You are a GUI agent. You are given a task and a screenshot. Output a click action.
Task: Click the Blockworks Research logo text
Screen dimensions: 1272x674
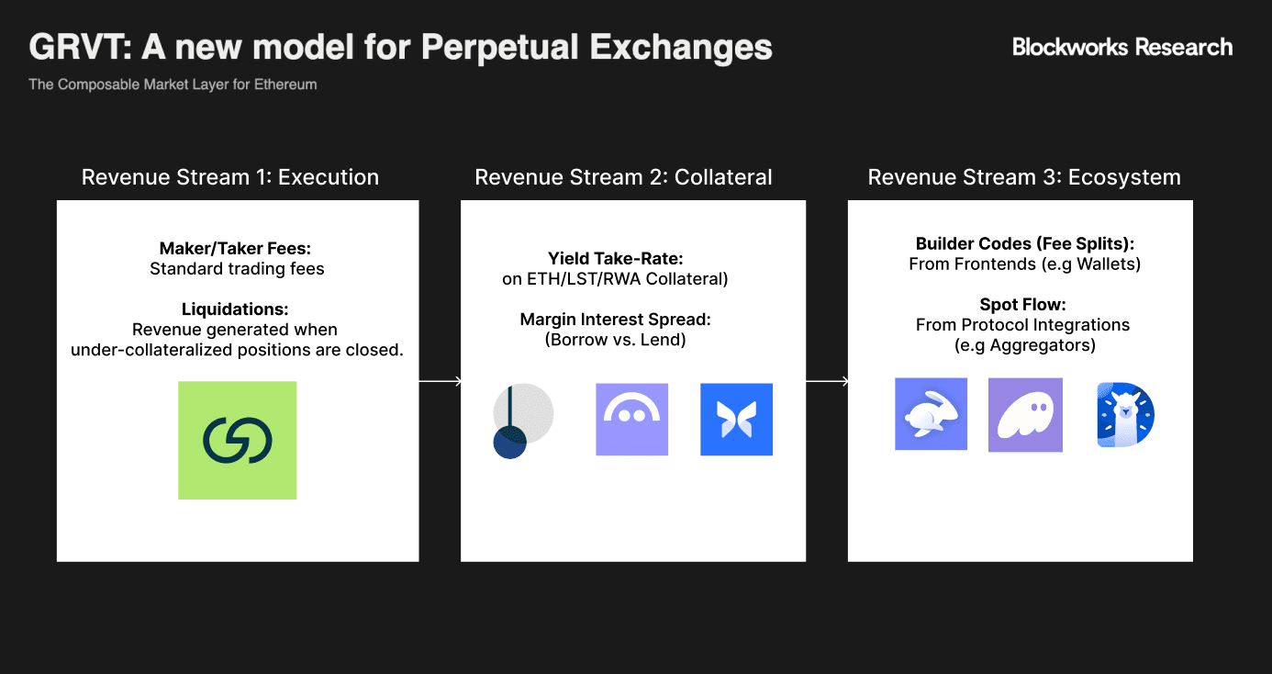(1122, 47)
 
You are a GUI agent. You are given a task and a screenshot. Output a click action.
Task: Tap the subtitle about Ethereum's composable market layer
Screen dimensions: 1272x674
(173, 84)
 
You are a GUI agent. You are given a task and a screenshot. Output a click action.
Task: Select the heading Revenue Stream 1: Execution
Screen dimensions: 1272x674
(230, 177)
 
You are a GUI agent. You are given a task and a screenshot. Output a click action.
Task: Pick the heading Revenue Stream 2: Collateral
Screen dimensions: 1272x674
(623, 177)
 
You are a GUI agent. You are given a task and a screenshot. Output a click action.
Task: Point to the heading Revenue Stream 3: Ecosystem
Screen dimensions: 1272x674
(1024, 177)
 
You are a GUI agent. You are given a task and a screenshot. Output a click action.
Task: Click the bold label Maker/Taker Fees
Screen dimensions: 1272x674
(235, 248)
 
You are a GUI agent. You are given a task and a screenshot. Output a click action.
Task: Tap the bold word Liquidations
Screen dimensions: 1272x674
(235, 309)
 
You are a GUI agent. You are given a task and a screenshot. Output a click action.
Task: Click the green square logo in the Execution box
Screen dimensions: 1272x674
(238, 441)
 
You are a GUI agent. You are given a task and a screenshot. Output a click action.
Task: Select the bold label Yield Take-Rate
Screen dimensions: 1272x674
(616, 259)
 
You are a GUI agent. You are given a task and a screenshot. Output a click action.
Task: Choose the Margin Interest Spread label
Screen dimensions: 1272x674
(616, 320)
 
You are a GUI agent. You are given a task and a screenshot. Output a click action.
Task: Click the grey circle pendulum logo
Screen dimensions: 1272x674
(523, 421)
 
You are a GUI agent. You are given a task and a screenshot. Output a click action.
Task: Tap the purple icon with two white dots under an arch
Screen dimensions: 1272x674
(632, 420)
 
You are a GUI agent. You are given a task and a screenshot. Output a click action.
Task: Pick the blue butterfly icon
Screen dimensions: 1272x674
(737, 420)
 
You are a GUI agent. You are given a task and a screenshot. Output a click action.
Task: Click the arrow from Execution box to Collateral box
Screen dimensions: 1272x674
(441, 381)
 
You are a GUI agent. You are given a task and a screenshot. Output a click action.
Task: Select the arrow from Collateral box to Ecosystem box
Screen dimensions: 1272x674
(828, 381)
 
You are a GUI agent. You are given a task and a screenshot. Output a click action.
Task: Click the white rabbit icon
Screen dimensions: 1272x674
(932, 414)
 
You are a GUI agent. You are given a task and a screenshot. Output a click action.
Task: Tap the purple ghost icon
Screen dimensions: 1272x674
(1025, 415)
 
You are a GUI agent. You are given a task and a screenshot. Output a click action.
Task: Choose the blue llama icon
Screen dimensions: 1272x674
(1125, 415)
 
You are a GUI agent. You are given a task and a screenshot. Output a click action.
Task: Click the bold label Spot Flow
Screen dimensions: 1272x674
(1022, 305)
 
